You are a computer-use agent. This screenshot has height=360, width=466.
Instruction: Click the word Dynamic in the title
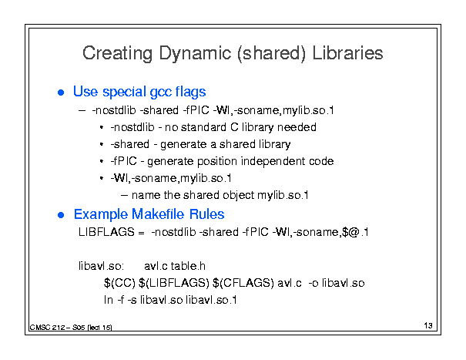click(195, 53)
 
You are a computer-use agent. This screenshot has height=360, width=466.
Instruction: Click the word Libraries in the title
click(347, 53)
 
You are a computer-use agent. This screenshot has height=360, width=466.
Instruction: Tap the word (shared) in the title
click(271, 53)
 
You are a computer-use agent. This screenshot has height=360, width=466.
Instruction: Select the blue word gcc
click(160, 92)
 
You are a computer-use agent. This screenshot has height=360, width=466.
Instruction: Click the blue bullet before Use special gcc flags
click(61, 93)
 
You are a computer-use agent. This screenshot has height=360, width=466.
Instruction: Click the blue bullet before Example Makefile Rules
click(61, 215)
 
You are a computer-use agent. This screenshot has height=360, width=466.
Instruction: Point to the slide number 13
click(428, 325)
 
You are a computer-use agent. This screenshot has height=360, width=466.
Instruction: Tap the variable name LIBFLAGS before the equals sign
click(106, 232)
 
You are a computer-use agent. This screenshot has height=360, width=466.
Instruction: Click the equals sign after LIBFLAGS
click(141, 232)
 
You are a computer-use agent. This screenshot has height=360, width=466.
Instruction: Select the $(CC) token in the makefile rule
click(119, 283)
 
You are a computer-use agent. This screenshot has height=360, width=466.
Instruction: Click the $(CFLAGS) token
click(243, 283)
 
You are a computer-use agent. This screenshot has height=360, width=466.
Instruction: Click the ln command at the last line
click(109, 300)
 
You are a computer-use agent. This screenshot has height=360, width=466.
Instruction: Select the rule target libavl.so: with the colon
click(101, 266)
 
